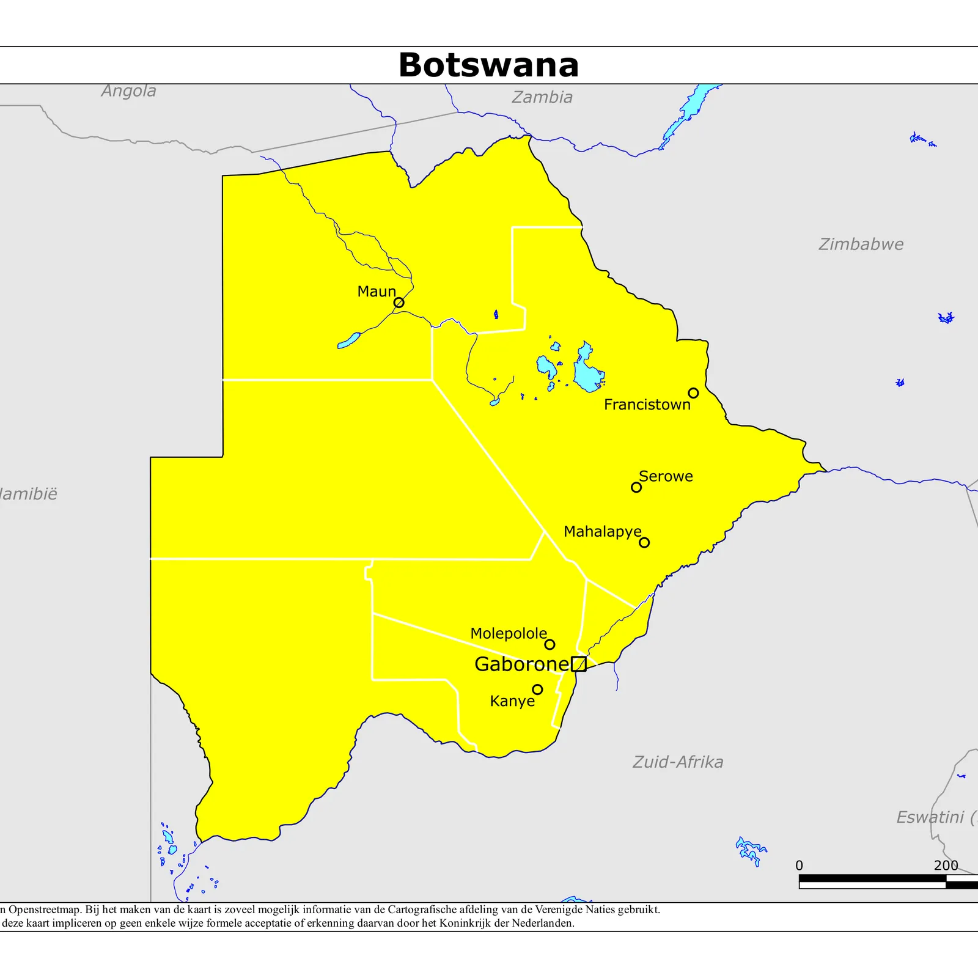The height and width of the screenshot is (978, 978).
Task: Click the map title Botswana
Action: click(x=488, y=65)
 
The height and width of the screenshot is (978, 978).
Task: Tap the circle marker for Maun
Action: click(x=399, y=303)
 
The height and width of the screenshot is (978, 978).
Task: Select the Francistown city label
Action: click(x=647, y=405)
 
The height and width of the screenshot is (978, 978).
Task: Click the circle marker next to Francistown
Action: click(x=693, y=393)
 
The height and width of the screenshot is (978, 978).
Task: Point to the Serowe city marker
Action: click(x=636, y=487)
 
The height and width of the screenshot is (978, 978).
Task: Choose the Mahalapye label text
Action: click(x=602, y=532)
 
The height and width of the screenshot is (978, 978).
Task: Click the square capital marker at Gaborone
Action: click(x=578, y=664)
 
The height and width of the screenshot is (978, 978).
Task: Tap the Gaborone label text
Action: click(x=521, y=664)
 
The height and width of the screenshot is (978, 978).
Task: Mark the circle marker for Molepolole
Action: click(x=550, y=644)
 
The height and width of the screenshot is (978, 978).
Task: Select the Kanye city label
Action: click(x=512, y=701)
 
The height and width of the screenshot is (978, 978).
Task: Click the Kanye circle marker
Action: click(x=537, y=689)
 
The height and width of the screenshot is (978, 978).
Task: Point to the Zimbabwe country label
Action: click(x=861, y=244)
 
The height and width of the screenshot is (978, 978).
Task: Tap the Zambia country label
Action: click(x=542, y=97)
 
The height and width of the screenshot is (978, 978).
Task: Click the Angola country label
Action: click(x=129, y=91)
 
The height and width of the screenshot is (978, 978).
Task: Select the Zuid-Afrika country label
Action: click(x=678, y=762)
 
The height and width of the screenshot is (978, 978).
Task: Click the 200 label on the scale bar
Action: click(x=946, y=866)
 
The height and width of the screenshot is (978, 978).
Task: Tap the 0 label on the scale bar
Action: click(x=799, y=866)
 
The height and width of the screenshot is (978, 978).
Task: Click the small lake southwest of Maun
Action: click(x=348, y=341)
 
